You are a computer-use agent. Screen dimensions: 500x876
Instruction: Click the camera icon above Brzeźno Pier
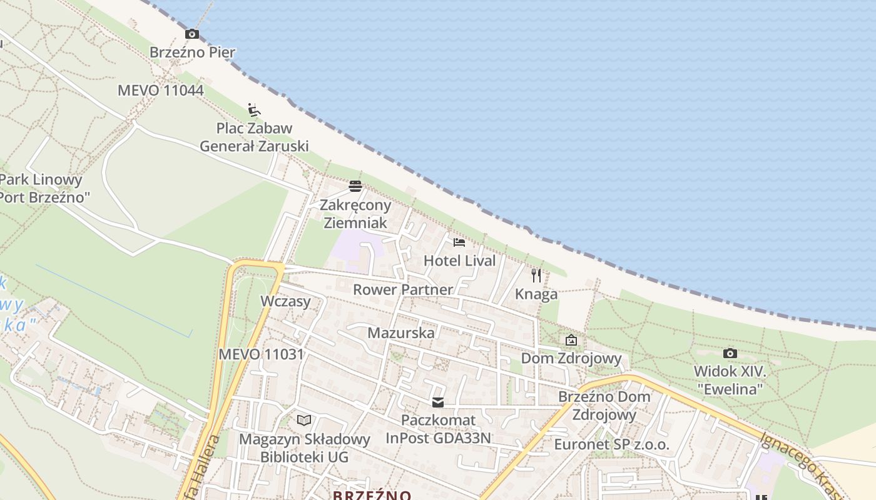[x=192, y=34]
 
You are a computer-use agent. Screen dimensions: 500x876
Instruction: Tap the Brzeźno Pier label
[x=192, y=52]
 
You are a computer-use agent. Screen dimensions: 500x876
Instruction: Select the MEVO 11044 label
[x=161, y=91]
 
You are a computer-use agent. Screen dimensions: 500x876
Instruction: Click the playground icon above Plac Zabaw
[x=253, y=110]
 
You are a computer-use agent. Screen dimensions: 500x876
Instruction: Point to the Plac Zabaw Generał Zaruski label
[x=254, y=137]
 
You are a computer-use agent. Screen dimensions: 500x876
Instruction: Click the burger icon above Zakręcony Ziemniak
[x=355, y=186]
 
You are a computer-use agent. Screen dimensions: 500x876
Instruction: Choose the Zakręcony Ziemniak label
[x=355, y=214]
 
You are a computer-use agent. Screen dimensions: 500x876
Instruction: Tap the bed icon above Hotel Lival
[x=459, y=242]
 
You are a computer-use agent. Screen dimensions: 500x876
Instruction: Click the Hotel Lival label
[x=459, y=261]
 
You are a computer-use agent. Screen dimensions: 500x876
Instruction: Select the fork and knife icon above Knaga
[x=536, y=276]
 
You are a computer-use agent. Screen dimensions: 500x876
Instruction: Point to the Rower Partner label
[x=402, y=290]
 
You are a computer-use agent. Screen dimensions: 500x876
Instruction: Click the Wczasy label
[x=285, y=301]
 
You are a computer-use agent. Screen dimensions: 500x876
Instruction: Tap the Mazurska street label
[x=400, y=333]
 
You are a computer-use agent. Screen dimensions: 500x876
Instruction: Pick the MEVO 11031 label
[x=261, y=354]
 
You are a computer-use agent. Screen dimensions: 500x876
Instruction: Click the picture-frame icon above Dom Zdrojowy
[x=571, y=340]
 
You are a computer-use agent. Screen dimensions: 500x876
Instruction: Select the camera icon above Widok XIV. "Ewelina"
[x=730, y=354]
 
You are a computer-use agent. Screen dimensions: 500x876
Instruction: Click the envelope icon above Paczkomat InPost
[x=438, y=402]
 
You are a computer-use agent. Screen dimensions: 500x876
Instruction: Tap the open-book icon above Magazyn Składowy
[x=304, y=420]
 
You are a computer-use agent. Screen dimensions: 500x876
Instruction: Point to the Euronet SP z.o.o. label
[x=611, y=445]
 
